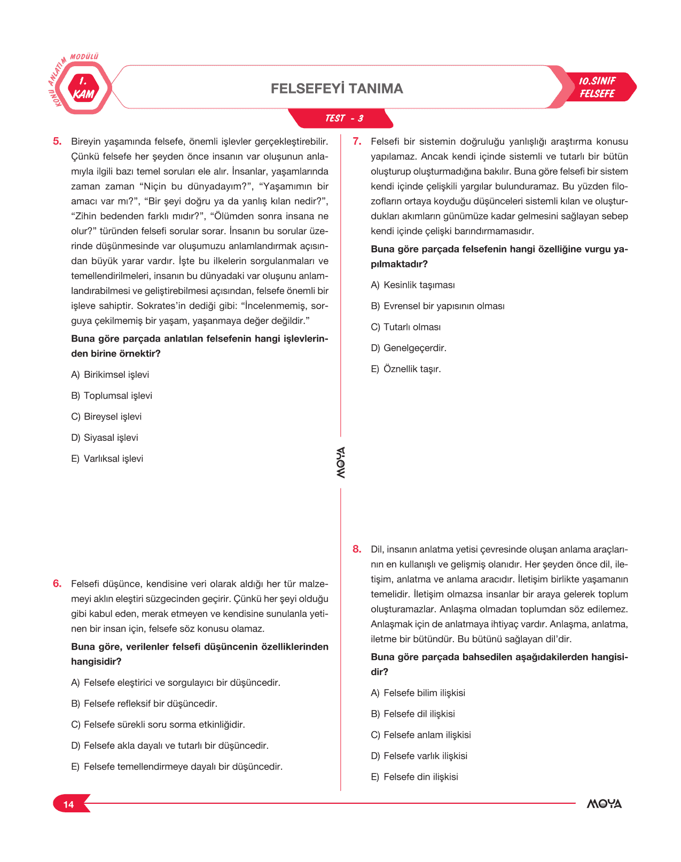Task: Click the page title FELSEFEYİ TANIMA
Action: pos(336,89)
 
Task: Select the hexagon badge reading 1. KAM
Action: pos(83,89)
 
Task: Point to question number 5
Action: pos(57,141)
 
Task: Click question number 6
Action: pos(57,583)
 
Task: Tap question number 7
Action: pos(357,141)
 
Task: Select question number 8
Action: pos(357,549)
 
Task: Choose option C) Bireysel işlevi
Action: pos(106,416)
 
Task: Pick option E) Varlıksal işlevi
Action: pos(107,458)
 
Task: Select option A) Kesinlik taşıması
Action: pos(412,285)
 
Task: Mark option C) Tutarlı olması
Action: pos(405,327)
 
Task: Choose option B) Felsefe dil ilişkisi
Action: pos(412,714)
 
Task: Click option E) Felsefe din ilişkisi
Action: pos(414,777)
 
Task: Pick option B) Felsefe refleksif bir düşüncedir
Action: pos(144,703)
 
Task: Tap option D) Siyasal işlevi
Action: pos(104,438)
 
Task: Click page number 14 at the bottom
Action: pos(68,804)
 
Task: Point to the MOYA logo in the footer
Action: pos(604,804)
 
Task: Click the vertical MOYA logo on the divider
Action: pos(341,462)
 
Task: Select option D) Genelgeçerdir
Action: pos(408,348)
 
